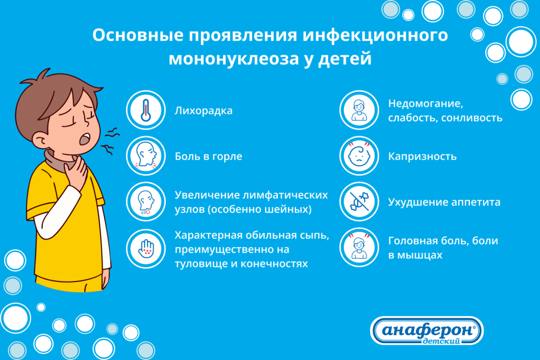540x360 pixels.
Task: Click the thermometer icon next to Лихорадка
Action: click(146, 111)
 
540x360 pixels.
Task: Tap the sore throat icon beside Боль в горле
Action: click(146, 156)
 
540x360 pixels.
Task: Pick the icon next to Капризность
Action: click(359, 156)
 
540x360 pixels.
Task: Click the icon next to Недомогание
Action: click(359, 111)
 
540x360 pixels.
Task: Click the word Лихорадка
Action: click(204, 111)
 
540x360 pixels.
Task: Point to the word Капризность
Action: click(422, 157)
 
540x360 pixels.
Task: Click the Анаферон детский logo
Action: click(427, 330)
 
